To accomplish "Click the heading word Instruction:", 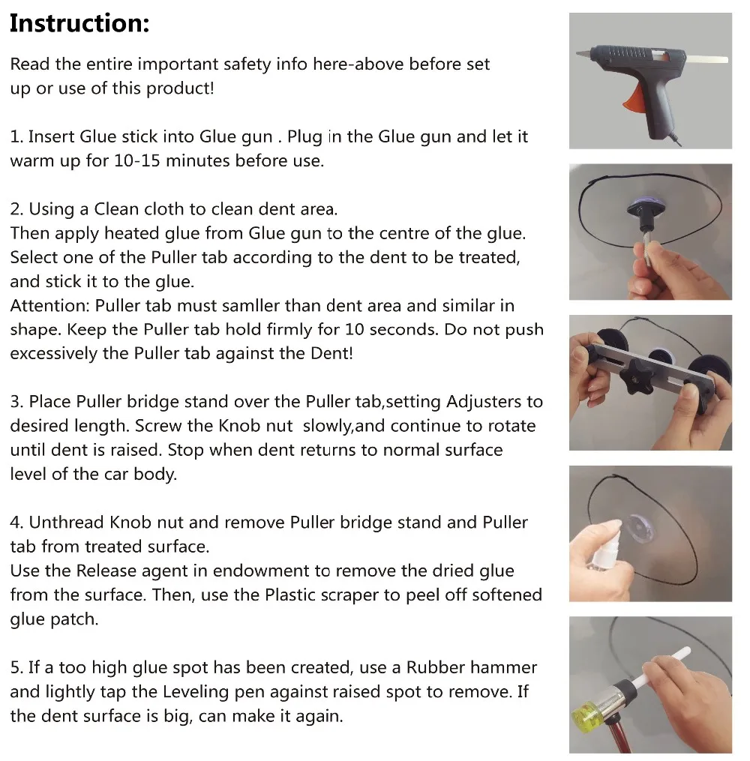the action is [79, 23].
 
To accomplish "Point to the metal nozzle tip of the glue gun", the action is [583, 53].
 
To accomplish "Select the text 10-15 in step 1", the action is [137, 160].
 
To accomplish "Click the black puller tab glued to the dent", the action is [645, 214].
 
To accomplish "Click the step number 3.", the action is [16, 402].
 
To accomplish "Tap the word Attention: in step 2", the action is [50, 306].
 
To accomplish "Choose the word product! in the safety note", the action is [180, 88].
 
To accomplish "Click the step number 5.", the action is [16, 667].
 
